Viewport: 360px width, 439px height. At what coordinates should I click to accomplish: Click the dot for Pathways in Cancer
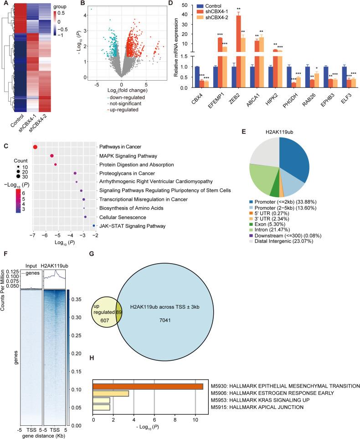tap(35, 146)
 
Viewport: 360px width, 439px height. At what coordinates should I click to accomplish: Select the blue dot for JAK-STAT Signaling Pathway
tap(94, 226)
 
